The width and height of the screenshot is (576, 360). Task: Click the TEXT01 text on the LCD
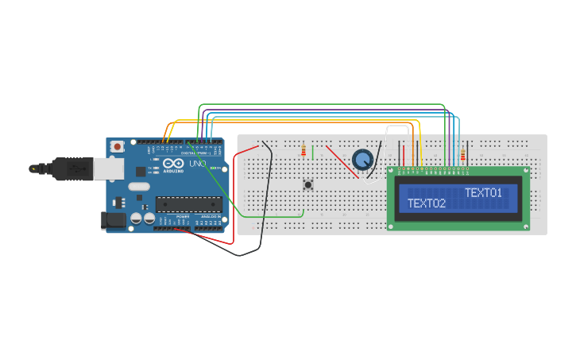pos(483,193)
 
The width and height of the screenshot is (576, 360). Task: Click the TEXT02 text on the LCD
pos(427,203)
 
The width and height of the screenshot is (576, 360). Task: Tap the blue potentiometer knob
pos(363,160)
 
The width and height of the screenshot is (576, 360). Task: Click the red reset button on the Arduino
pos(118,146)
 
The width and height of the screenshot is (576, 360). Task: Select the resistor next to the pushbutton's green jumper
pos(303,151)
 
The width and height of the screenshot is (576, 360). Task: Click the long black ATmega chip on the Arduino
pos(187,204)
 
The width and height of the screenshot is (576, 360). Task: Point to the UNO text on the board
pos(197,164)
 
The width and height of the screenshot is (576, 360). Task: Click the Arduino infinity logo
pos(172,164)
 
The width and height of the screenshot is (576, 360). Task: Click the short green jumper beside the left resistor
pos(313,152)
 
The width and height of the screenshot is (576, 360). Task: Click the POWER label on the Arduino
pos(183,216)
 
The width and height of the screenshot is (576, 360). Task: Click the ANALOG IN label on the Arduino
pos(210,216)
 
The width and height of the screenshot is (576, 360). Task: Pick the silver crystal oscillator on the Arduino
pos(138,187)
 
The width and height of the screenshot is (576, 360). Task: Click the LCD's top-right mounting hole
pos(525,170)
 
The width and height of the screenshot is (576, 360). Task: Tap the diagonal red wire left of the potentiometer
pos(340,161)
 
